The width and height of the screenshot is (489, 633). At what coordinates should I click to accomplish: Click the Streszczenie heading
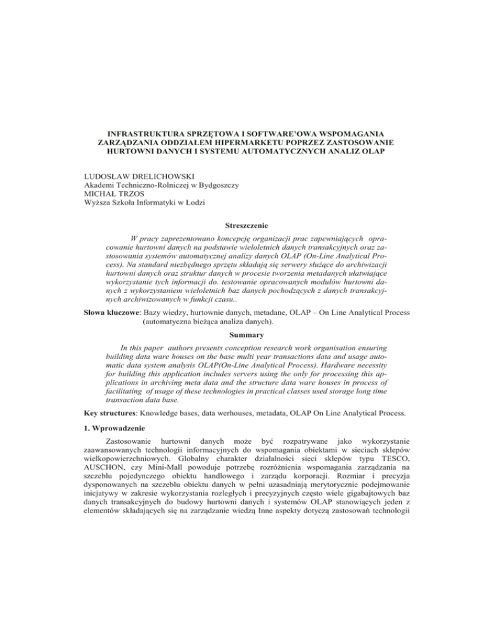244,206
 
